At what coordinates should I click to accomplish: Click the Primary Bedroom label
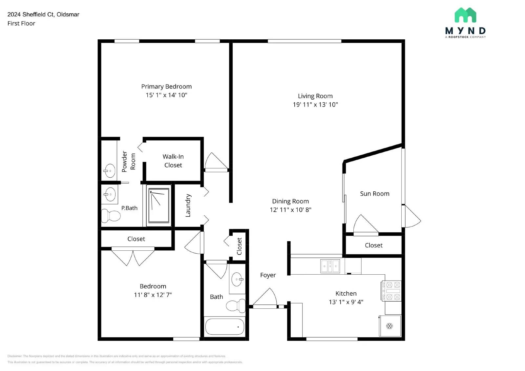click(166, 87)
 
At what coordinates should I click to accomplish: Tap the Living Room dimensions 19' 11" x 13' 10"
click(315, 105)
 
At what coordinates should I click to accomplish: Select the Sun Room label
click(374, 194)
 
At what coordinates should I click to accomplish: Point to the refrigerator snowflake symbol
click(389, 326)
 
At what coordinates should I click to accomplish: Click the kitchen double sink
click(330, 266)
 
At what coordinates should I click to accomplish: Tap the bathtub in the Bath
click(225, 326)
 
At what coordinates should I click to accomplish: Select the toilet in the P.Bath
click(111, 216)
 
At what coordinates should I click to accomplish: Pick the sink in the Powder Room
click(110, 171)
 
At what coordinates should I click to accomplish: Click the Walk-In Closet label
click(173, 161)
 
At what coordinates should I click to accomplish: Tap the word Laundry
click(188, 205)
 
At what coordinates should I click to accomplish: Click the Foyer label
click(268, 275)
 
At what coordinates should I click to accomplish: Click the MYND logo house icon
click(465, 15)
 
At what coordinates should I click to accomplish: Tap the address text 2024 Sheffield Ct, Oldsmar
click(43, 14)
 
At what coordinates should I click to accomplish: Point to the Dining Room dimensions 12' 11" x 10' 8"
click(290, 210)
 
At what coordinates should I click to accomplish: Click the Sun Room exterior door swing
click(411, 217)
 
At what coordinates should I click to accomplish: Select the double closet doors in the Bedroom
click(133, 257)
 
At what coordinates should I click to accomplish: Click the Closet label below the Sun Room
click(373, 245)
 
